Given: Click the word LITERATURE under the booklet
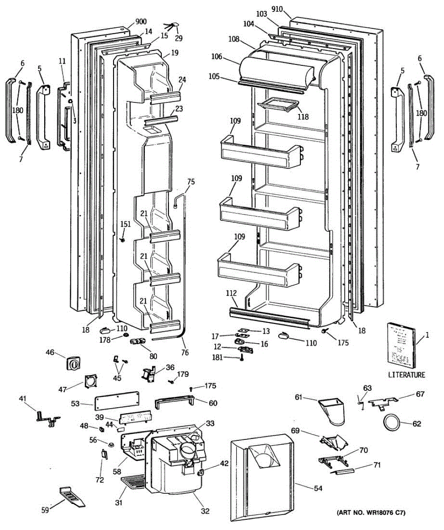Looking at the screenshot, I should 407,375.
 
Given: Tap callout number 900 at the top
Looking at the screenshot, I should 141,22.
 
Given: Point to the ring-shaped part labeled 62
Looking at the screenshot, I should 391,422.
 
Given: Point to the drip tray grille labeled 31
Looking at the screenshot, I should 132,482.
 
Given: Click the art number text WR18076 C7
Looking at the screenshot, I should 371,513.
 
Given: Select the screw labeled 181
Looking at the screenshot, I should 243,358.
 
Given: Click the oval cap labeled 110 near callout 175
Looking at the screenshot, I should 285,337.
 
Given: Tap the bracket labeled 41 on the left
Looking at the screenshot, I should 48,417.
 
